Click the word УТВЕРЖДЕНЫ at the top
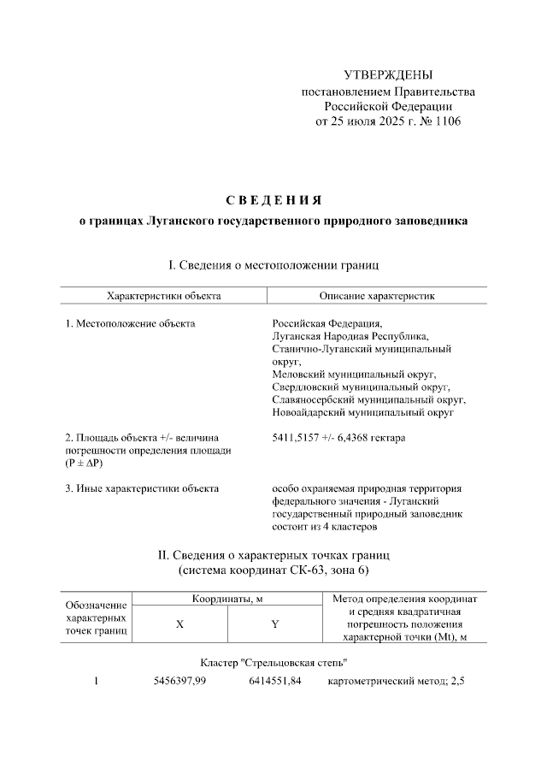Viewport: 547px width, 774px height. [x=388, y=76]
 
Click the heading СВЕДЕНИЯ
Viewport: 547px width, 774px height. [x=273, y=200]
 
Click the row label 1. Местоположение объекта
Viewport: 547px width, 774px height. [x=130, y=324]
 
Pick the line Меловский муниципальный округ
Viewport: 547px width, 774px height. [x=354, y=374]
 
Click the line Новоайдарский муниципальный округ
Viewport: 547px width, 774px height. [x=362, y=411]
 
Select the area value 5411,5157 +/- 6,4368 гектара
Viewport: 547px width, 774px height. [x=338, y=438]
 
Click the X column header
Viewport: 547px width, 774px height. [x=179, y=624]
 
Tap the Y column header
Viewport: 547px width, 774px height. [x=274, y=624]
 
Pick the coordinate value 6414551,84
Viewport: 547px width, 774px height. [x=274, y=682]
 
